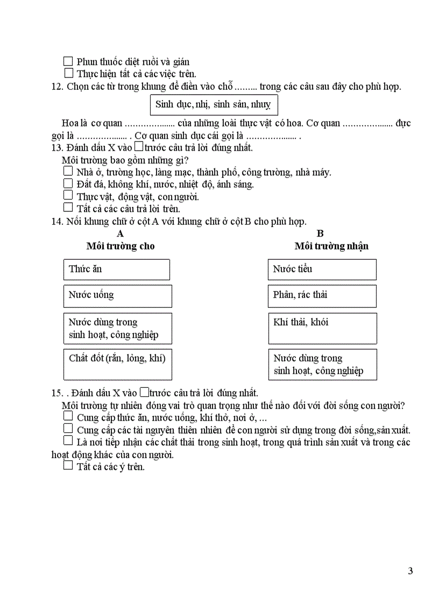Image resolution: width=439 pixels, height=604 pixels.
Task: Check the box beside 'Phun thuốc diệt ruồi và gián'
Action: (x=68, y=61)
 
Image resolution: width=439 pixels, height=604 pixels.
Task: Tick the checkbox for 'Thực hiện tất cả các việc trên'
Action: (x=68, y=73)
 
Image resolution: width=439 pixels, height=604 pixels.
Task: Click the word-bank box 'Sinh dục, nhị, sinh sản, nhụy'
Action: (x=213, y=104)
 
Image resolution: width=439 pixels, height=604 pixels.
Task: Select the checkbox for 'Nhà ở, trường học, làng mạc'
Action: (x=68, y=172)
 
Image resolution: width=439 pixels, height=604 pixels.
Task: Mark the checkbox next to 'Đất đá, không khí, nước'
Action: (x=68, y=183)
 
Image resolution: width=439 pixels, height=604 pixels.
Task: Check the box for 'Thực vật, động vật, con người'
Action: (x=68, y=195)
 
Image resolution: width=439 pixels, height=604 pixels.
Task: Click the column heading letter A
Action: (x=120, y=233)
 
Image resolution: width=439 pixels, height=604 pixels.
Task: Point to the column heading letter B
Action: (x=320, y=233)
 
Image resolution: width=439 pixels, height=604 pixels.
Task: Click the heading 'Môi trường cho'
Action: (x=120, y=246)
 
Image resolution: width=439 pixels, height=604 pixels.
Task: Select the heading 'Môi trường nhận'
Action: (x=331, y=246)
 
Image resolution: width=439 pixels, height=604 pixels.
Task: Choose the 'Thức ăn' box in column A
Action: (x=117, y=269)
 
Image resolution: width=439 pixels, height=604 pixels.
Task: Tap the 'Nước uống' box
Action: (x=117, y=296)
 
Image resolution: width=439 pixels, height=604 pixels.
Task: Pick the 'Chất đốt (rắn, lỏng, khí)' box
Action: (x=117, y=364)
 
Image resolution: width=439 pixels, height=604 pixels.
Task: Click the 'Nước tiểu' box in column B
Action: (x=322, y=269)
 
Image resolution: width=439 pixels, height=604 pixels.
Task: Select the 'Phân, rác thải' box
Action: (x=322, y=296)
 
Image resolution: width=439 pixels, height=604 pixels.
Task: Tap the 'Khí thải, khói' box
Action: (x=322, y=328)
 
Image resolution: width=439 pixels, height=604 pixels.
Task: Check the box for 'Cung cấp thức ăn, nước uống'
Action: (x=68, y=416)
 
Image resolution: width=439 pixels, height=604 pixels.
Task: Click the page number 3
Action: (x=410, y=571)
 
